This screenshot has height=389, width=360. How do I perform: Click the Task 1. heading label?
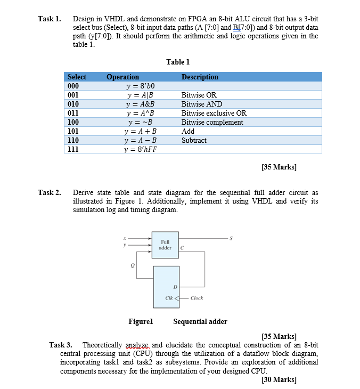(x=50, y=19)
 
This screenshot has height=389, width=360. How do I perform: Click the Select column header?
(x=77, y=77)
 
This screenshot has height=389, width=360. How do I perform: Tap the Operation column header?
(x=122, y=77)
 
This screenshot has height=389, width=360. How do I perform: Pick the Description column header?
(x=200, y=77)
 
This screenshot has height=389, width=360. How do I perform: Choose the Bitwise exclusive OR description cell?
(x=214, y=113)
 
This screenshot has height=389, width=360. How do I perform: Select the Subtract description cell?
(x=194, y=140)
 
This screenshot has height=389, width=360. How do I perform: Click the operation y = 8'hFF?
(x=141, y=149)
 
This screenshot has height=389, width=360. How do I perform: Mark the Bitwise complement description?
(x=212, y=122)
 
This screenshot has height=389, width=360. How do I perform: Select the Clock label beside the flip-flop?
(x=197, y=298)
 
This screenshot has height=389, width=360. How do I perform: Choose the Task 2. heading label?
(x=50, y=192)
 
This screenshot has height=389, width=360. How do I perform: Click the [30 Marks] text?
(x=280, y=379)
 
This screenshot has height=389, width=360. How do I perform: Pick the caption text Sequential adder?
(x=200, y=321)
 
